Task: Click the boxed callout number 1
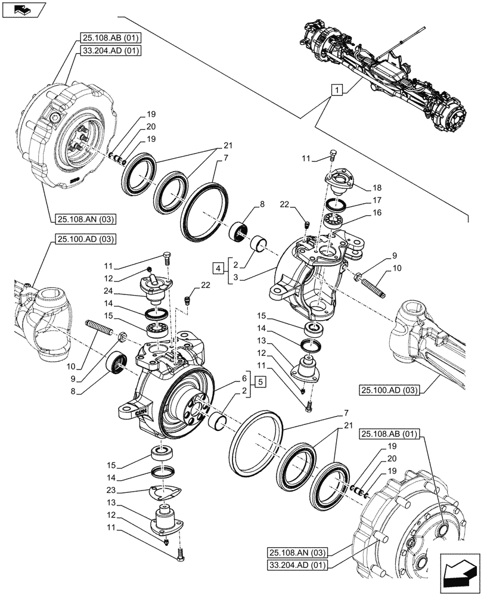[337, 91]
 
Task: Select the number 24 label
[108, 292]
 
